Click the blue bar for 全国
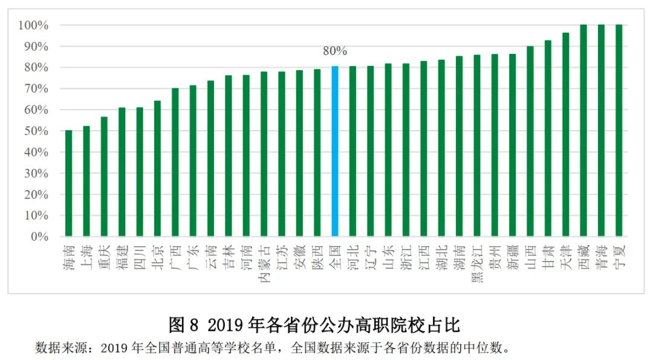point(335,151)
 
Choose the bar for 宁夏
point(619,130)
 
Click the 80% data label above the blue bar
point(335,51)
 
